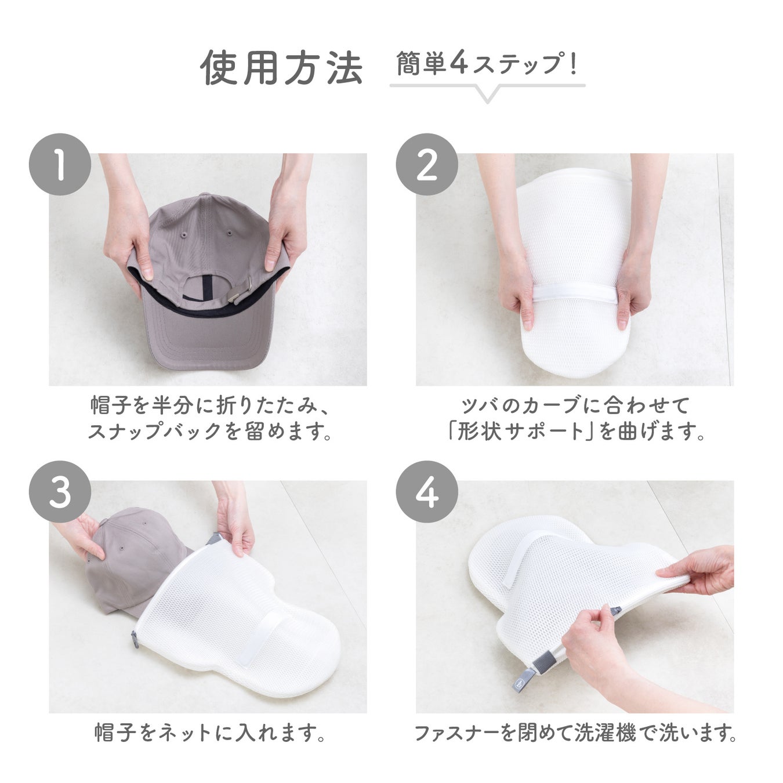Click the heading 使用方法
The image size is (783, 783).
click(x=281, y=67)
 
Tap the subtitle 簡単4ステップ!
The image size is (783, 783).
click(x=487, y=64)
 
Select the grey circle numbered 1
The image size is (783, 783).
click(x=60, y=165)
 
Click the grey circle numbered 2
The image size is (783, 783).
click(x=427, y=165)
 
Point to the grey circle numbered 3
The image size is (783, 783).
click(x=60, y=492)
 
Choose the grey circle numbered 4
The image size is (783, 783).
click(x=427, y=492)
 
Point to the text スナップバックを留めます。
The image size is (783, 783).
click(x=209, y=432)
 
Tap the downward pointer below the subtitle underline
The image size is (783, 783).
click(x=488, y=95)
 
